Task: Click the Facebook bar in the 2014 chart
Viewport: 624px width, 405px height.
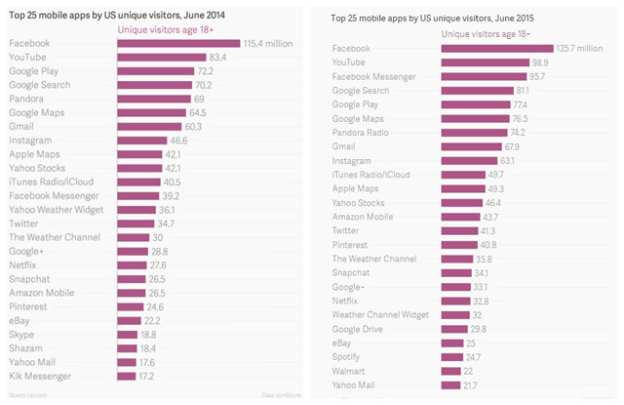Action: (178, 44)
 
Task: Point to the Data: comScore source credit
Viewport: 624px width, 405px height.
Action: (284, 394)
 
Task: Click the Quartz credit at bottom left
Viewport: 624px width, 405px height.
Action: (25, 394)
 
